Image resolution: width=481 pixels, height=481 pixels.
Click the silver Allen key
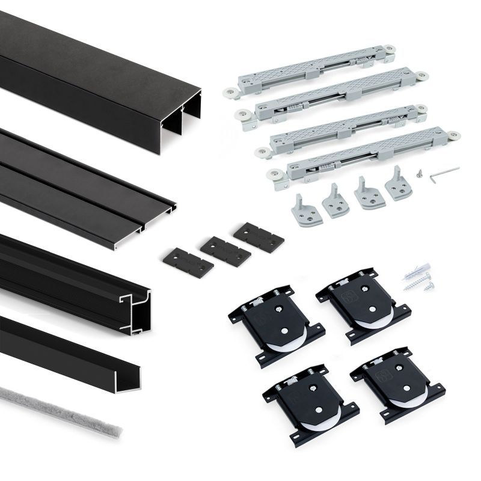click(x=444, y=173)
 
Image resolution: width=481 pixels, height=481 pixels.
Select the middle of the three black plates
click(x=225, y=250)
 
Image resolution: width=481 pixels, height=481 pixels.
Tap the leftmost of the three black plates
click(x=187, y=262)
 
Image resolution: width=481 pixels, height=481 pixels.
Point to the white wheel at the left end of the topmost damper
click(x=230, y=93)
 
